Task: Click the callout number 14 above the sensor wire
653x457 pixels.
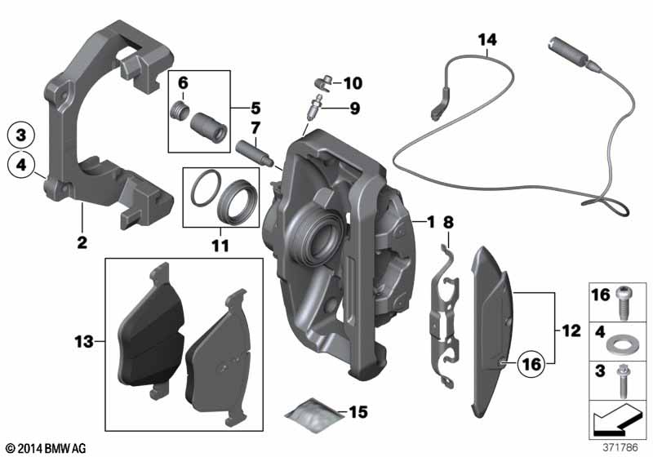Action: tap(486, 38)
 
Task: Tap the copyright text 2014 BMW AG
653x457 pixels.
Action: tap(46, 448)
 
